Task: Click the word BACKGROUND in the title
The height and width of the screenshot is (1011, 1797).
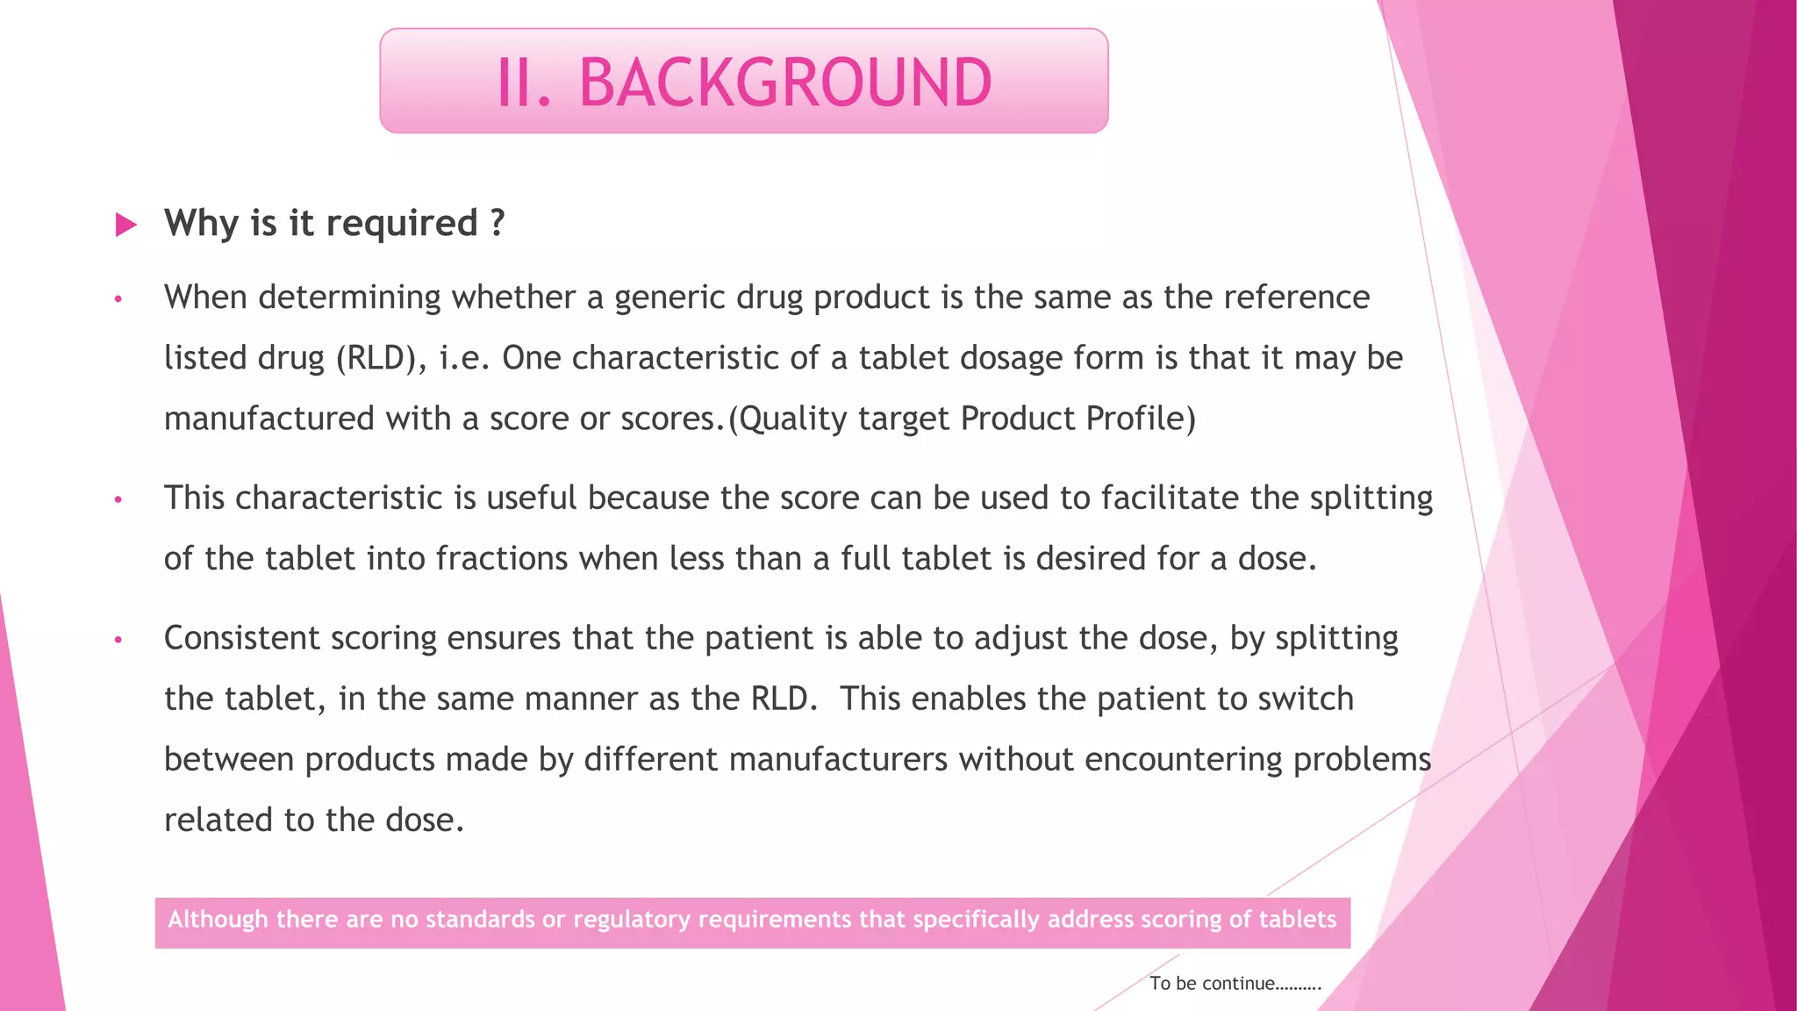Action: coord(785,82)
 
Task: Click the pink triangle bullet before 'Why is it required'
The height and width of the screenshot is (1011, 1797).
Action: coord(126,225)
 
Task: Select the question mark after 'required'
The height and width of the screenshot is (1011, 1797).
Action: coord(498,223)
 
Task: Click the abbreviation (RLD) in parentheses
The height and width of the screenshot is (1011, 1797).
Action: coord(376,358)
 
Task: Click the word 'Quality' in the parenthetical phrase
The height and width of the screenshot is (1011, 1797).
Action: coord(795,419)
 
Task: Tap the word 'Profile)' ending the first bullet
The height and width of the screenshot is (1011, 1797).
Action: coord(1141,419)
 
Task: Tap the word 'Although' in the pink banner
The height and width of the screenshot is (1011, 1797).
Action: coord(218,919)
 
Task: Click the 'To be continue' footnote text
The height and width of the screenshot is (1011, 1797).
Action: coord(1235,984)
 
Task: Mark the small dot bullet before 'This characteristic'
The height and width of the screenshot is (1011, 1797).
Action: coord(118,500)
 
